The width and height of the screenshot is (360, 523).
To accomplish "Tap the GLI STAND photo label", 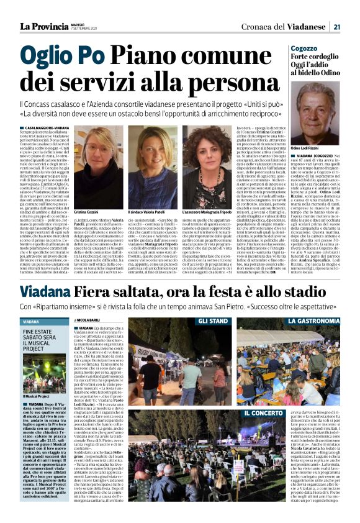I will tap(213, 322).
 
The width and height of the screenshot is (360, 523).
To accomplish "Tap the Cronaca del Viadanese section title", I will tap(285, 26).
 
